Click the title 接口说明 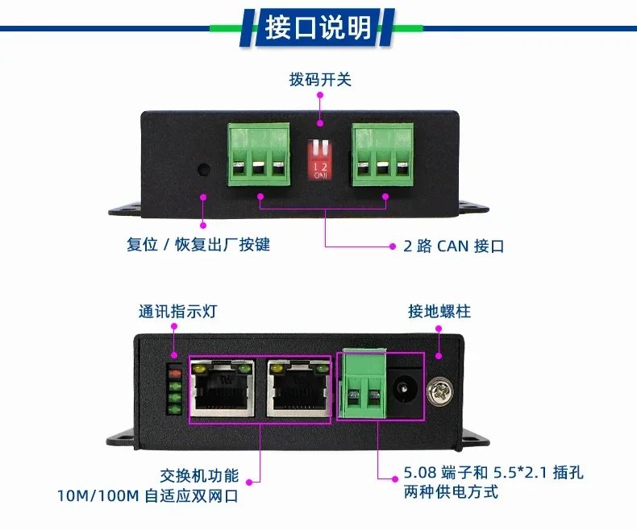pos(318,27)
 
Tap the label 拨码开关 pos(320,81)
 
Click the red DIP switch pos(320,159)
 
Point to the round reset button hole pos(203,170)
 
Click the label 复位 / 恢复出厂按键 pos(198,245)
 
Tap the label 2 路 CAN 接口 pos(454,246)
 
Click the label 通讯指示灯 pos(177,312)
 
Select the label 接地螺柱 pos(439,312)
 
